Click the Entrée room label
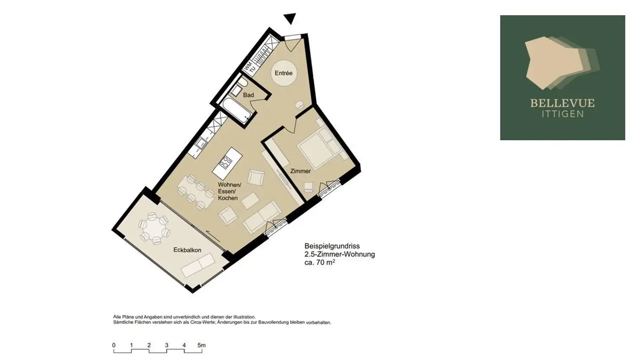click(284, 73)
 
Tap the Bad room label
click(248, 95)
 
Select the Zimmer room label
click(300, 171)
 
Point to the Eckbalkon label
click(187, 250)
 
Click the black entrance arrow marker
click(290, 19)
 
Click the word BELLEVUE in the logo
click(562, 104)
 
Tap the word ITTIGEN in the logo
click(562, 114)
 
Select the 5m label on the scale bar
click(201, 345)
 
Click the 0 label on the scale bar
click(114, 345)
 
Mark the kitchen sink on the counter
click(202, 143)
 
